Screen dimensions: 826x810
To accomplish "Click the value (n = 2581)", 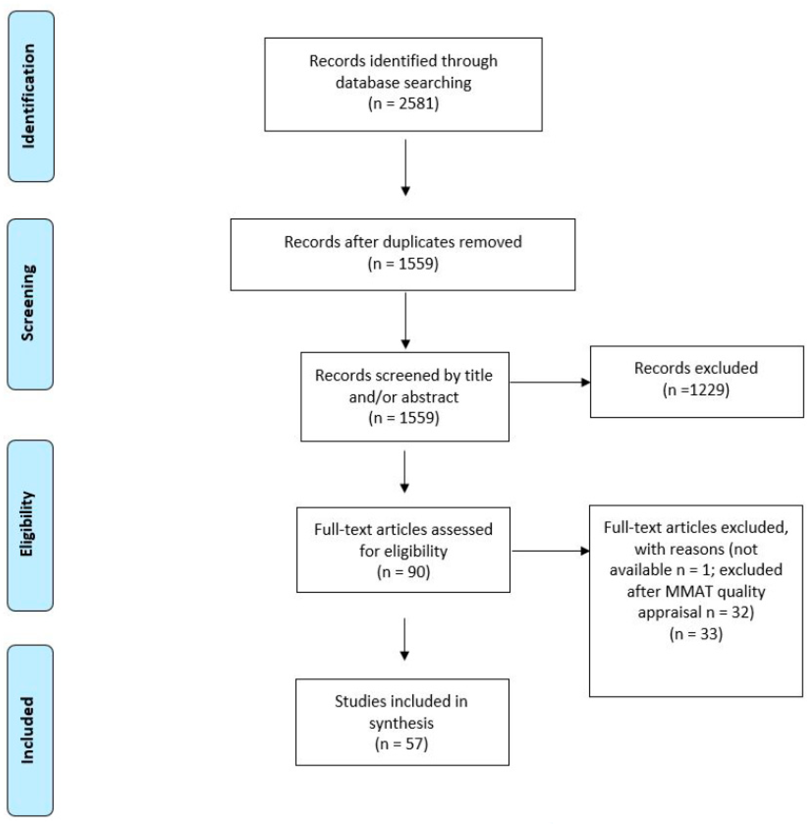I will (403, 103).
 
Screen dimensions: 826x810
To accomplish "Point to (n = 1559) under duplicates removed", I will (402, 264).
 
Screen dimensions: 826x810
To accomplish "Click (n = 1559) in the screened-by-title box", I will (403, 418).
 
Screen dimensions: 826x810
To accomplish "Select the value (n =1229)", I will (696, 390).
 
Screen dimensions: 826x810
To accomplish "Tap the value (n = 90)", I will (403, 572).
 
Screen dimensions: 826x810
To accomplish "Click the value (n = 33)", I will (696, 634).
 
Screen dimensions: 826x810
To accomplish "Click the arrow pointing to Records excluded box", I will (550, 382).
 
